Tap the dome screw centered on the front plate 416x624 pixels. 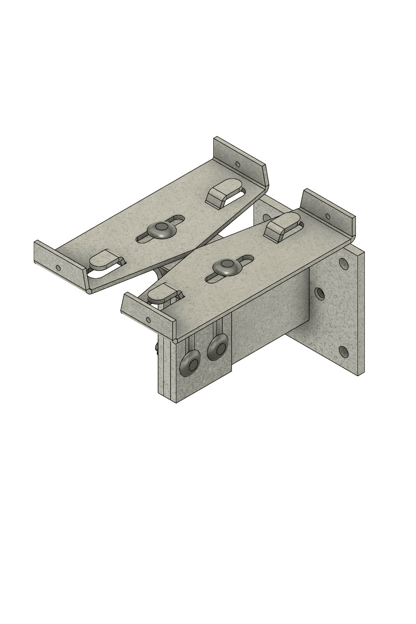click(x=227, y=267)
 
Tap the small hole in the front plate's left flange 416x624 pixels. click(x=149, y=320)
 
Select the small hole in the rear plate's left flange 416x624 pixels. click(x=58, y=268)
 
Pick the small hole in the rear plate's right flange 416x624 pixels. click(x=238, y=165)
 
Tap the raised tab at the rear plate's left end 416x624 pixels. click(x=104, y=260)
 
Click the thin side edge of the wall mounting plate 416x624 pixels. click(x=361, y=313)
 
